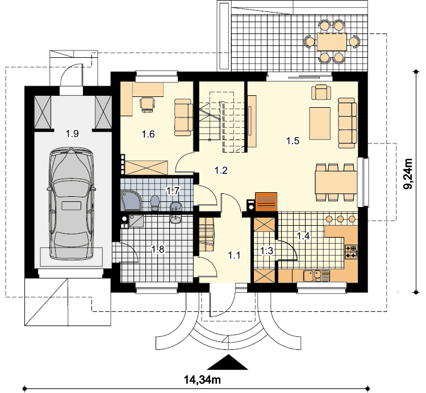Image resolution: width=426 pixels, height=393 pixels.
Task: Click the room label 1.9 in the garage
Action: click(72, 133)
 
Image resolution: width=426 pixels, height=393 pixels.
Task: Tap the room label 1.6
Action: click(148, 134)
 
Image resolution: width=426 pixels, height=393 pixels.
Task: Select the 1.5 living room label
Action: click(293, 141)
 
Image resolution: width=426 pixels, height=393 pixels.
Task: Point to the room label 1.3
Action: click(266, 251)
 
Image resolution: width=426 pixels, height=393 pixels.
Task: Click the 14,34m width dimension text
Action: click(203, 380)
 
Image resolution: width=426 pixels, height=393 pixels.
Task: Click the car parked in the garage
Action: click(72, 204)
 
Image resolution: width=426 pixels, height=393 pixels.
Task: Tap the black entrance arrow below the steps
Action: click(227, 362)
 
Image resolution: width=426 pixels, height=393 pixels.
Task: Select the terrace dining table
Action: click(332, 42)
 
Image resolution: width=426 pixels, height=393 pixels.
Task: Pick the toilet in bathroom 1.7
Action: click(155, 202)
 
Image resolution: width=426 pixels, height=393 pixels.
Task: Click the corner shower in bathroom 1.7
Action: click(132, 201)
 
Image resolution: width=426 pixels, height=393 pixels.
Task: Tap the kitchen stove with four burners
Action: click(351, 251)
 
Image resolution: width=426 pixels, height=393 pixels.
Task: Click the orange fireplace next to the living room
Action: click(266, 201)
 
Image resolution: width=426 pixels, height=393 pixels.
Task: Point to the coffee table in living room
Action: click(320, 124)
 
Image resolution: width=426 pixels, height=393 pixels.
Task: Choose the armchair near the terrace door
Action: click(321, 92)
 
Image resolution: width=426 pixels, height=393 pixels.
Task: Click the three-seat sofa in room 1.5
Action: click(347, 123)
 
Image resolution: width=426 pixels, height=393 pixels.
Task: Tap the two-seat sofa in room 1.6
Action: click(183, 117)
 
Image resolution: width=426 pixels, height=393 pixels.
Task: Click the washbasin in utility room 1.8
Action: click(176, 219)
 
